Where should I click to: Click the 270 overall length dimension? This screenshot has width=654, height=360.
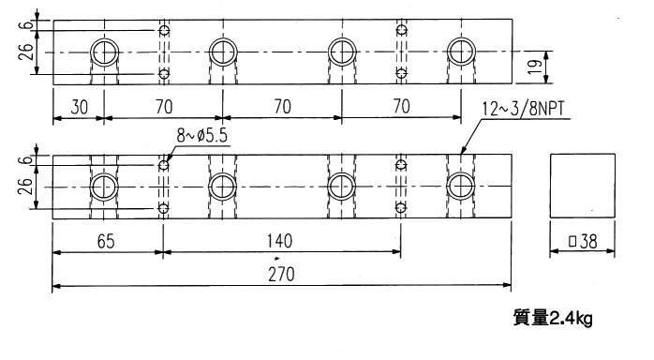[281, 275]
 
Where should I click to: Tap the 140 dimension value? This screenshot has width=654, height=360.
[279, 241]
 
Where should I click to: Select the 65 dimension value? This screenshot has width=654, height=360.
[106, 242]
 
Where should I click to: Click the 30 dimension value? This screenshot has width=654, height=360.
[80, 107]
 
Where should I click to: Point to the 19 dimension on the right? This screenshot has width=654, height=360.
[535, 67]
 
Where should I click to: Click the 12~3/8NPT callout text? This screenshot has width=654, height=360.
[524, 109]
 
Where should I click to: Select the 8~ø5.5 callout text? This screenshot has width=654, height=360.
[202, 136]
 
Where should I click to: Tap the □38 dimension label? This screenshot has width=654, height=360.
[583, 241]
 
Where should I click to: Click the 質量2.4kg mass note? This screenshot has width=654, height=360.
[553, 319]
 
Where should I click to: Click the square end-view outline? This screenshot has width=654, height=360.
[550, 186]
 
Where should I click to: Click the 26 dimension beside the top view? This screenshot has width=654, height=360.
[26, 52]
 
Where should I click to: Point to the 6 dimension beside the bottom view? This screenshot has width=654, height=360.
[26, 159]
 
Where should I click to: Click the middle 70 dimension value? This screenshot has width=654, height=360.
[282, 107]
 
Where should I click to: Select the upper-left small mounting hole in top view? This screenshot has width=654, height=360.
[164, 30]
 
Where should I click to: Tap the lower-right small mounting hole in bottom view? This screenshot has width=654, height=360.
[401, 207]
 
